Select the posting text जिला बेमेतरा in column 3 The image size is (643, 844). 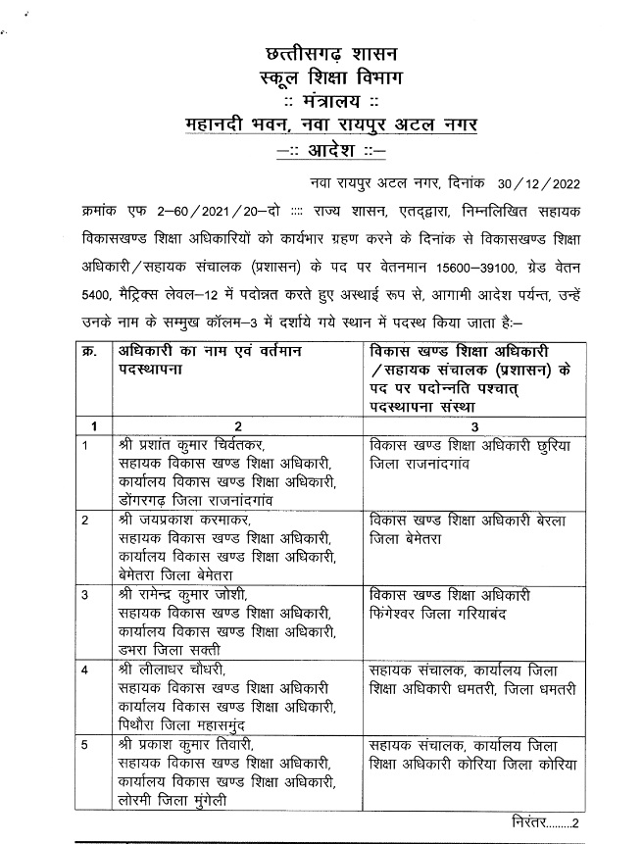pos(406,539)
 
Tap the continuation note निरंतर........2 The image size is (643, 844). pos(545,821)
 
